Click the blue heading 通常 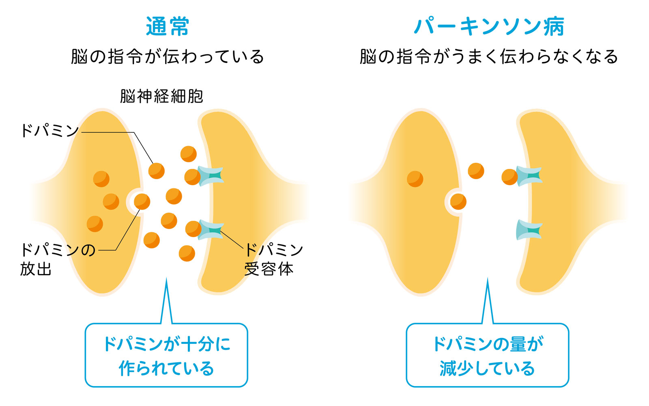point(168,26)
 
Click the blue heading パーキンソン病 point(489,26)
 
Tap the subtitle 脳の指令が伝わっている point(168,56)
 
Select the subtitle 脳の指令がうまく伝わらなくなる point(489,56)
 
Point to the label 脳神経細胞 point(161,96)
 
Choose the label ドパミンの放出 point(57,259)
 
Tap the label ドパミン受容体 point(273,259)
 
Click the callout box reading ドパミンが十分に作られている point(166,355)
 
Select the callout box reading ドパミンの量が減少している point(487,355)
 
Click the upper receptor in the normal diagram point(211,176)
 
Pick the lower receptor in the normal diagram point(211,229)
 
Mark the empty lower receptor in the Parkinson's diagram point(529,230)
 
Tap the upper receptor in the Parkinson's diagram point(529,176)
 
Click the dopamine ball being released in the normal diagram point(142,201)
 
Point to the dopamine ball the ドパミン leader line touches point(157,171)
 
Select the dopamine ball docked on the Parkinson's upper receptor point(509,177)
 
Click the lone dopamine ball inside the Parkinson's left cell point(415,179)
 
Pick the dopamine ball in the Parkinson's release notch point(458,201)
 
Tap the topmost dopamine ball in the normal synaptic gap point(189,154)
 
